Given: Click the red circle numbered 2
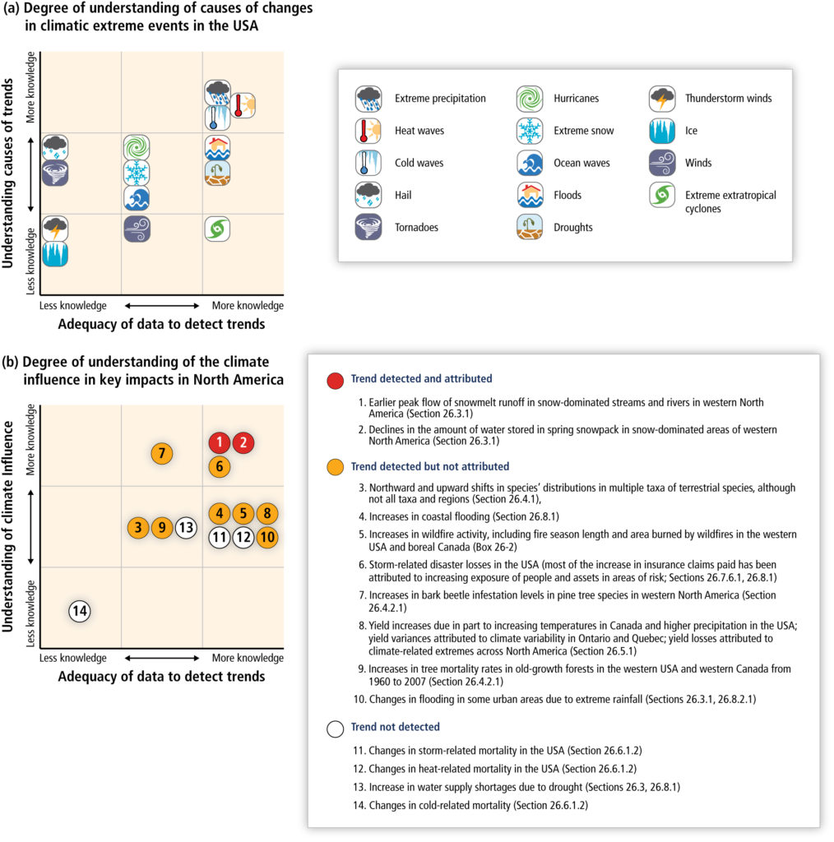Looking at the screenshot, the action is pos(243,442).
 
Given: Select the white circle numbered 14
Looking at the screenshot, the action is pos(80,611).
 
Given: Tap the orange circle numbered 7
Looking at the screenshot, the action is pos(162,454).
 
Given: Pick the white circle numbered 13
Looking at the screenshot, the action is pos(186,528).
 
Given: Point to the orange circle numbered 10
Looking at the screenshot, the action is pos(267,537).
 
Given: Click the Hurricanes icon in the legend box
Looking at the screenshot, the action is pos(530,99).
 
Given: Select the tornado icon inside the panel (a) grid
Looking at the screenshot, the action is pos(55,173).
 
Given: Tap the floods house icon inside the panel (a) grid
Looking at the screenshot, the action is pos(217,148).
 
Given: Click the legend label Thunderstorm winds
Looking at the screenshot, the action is pos(728,99).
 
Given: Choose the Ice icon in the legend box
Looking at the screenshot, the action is pos(662,131).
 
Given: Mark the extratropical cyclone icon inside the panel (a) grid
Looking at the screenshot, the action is pos(217,229).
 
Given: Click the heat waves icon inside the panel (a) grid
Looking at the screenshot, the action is pos(243,105).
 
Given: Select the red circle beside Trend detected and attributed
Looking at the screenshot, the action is pos(335,381).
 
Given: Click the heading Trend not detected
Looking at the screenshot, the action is pos(396,727).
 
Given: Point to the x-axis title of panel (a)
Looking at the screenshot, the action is pos(162,324).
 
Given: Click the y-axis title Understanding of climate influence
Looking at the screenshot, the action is pos(7,526).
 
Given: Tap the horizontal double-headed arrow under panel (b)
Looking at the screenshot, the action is pos(162,658).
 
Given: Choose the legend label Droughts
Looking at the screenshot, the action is pos(573,227).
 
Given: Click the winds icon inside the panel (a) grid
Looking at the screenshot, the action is pos(137,229).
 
